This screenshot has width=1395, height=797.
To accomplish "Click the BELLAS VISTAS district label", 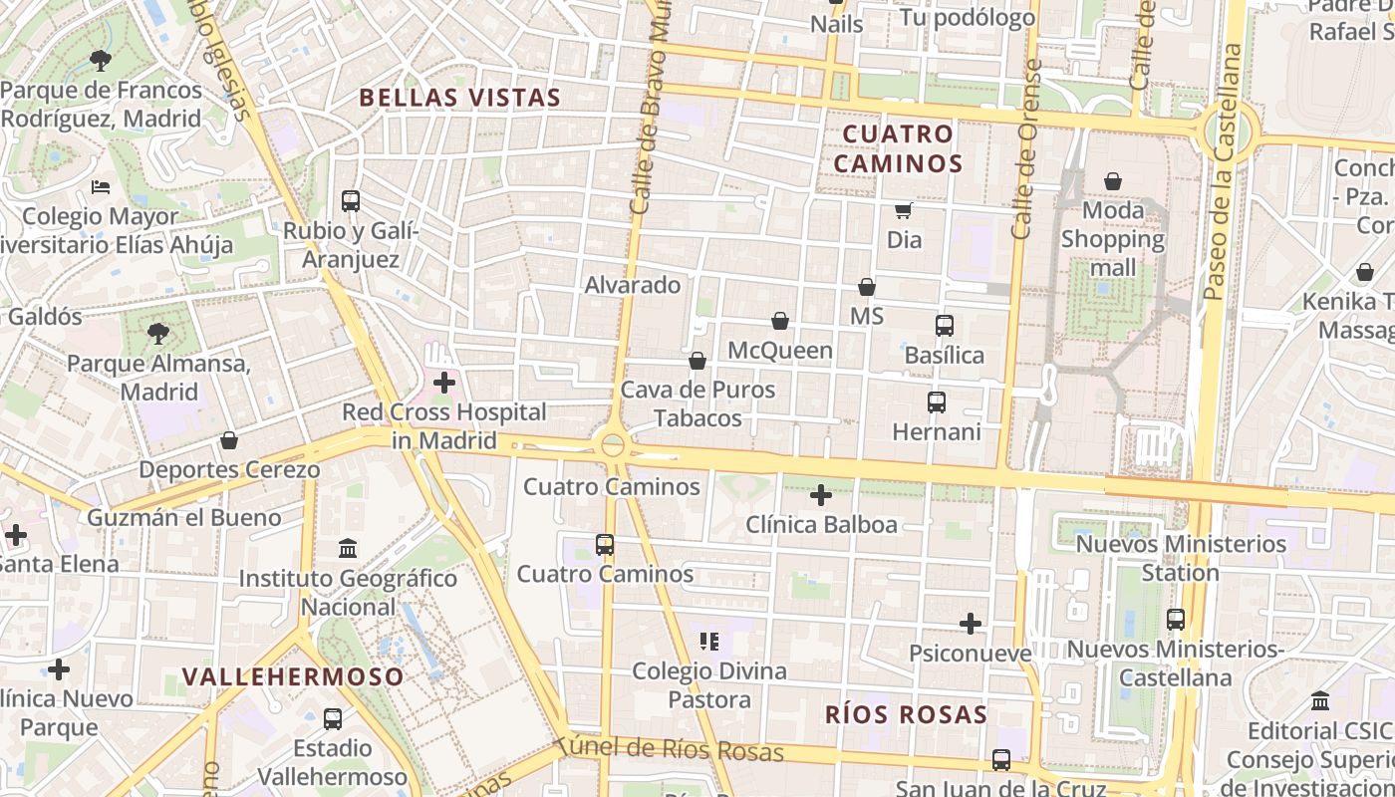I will click(459, 98).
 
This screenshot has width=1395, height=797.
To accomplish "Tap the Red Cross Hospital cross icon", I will click(444, 383).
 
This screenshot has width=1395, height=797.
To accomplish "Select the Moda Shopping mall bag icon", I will click(1113, 182).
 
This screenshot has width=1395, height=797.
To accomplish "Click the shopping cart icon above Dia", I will click(904, 210).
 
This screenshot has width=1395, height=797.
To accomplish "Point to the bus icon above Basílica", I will click(944, 326).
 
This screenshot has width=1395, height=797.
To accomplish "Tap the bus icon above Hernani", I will click(937, 402).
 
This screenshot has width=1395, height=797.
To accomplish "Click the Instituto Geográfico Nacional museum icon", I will click(348, 549).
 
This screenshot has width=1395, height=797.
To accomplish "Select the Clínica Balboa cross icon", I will click(821, 495).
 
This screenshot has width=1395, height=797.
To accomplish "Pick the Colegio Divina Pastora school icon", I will click(709, 642).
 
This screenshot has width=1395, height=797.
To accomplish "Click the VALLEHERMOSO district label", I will click(293, 677).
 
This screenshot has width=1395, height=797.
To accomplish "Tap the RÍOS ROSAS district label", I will click(906, 714).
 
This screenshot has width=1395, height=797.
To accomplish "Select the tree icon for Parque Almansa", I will click(157, 334).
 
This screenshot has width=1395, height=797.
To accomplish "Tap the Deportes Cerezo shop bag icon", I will click(229, 440).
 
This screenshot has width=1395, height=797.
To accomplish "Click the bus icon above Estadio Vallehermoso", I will click(333, 719).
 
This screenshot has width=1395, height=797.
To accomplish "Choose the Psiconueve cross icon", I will click(971, 625).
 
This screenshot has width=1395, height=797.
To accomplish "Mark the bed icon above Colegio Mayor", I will click(100, 186).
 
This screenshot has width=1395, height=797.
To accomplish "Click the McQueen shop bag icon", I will click(780, 321).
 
